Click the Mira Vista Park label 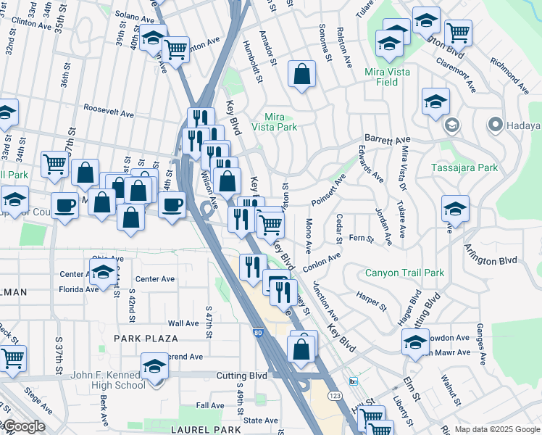274,122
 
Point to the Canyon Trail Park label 404,273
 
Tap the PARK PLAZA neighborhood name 146,339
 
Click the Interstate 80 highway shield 258,333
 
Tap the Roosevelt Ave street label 109,114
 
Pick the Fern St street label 361,238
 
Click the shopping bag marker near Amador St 301,74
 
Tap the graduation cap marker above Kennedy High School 155,367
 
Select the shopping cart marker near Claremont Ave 458,33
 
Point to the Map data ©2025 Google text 497,429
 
